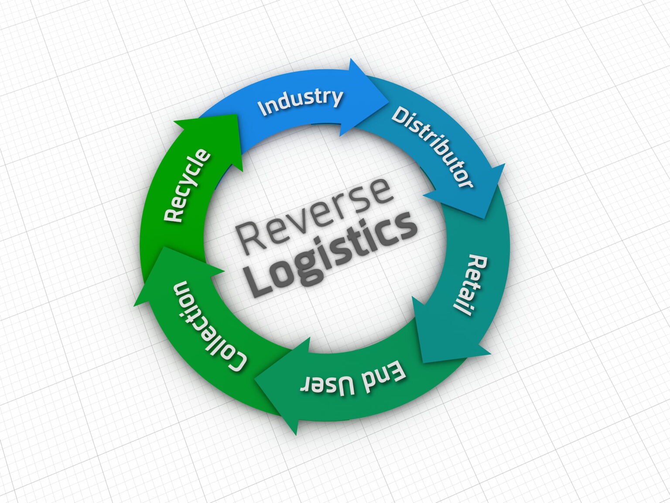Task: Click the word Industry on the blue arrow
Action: [x=300, y=101]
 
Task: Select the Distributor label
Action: [x=431, y=147]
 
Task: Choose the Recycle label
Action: [x=187, y=185]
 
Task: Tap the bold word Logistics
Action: [x=332, y=253]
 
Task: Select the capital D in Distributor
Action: [x=399, y=115]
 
